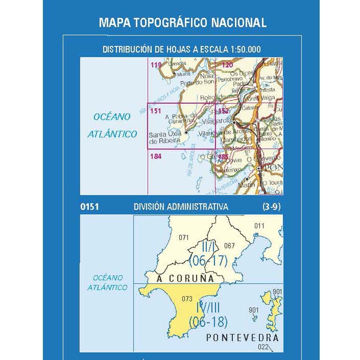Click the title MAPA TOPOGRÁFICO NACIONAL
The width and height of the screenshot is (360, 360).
point(182,22)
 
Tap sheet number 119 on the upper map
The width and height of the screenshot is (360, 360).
point(156,65)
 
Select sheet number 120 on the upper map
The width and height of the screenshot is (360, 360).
point(227,65)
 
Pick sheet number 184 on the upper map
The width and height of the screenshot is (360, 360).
point(156,157)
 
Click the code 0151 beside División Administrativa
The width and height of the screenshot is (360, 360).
point(89,207)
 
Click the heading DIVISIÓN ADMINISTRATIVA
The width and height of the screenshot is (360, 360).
point(181,207)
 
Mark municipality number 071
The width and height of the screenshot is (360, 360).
point(184,238)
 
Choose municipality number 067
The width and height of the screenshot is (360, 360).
point(230,246)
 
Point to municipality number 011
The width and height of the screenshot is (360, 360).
point(259,226)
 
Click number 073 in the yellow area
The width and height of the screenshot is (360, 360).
point(187,298)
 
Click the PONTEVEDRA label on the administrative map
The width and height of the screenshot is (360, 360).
point(242,338)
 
